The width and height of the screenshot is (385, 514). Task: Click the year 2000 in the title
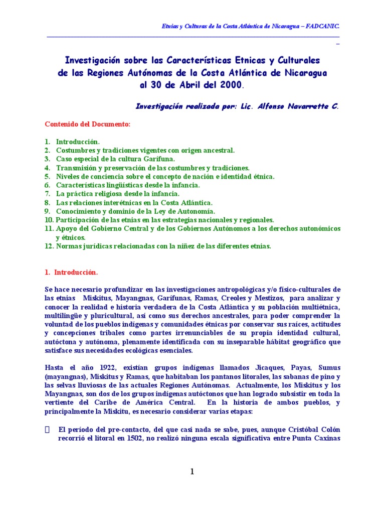pos(227,85)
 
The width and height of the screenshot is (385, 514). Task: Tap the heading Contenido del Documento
pos(87,123)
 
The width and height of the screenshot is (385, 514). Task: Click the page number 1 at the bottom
pos(192,471)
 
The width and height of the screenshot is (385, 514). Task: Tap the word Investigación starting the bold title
pos(93,60)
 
